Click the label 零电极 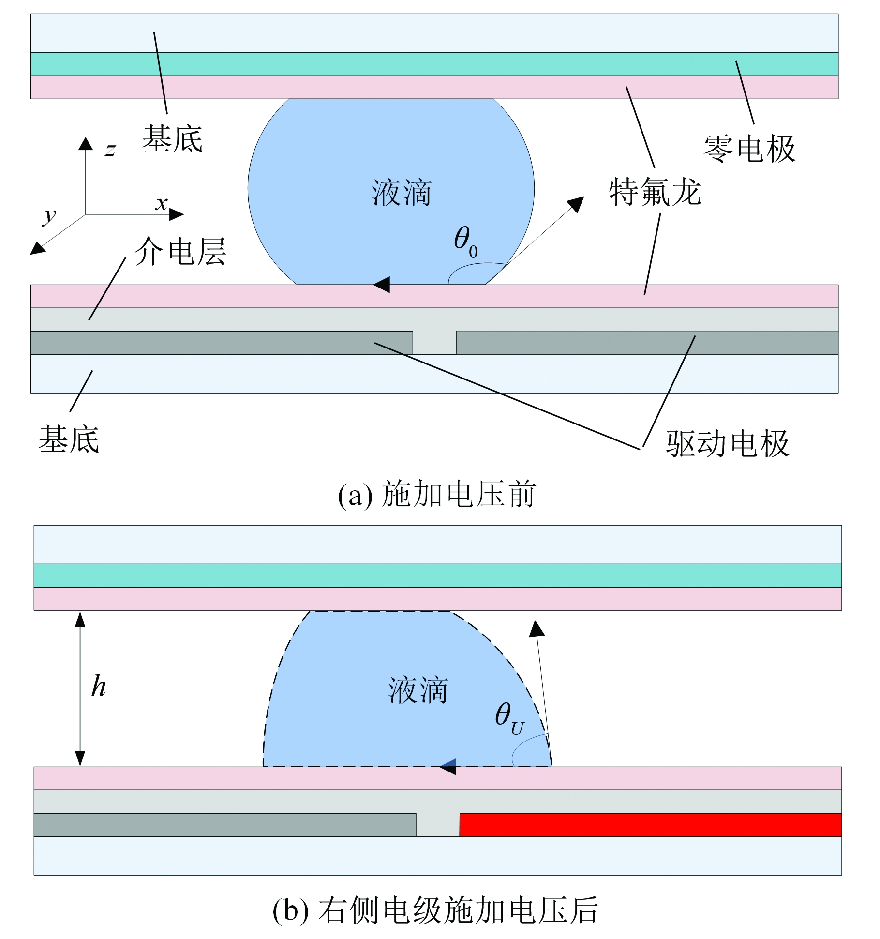tap(749, 148)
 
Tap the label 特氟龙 tap(655, 192)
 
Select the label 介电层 tap(180, 252)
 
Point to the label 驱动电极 tap(727, 443)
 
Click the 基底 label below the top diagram tap(69, 439)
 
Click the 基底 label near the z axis tap(172, 139)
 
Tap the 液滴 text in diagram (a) tap(401, 193)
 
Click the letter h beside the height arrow tap(99, 686)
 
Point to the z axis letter tap(110, 150)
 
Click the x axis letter tap(162, 203)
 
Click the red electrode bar tap(650, 825)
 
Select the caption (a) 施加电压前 tap(436, 495)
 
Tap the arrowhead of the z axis tap(86, 143)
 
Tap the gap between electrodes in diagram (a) tap(434, 343)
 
